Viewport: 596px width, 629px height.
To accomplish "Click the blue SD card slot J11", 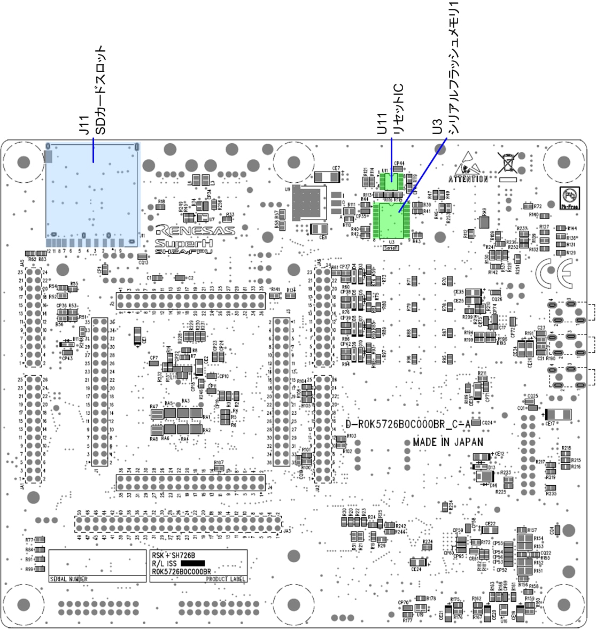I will (92, 192).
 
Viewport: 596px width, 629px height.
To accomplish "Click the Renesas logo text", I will (195, 231).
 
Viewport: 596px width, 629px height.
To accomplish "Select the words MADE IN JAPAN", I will (448, 442).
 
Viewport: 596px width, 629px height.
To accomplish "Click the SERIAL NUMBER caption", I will (68, 579).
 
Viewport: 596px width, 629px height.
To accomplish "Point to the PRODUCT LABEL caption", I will (225, 579).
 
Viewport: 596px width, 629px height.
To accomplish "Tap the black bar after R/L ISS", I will (193, 563).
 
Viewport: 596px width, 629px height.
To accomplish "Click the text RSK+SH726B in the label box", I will (170, 555).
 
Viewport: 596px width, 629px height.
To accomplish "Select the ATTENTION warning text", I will (468, 179).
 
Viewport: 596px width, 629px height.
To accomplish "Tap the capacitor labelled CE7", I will (327, 177).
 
